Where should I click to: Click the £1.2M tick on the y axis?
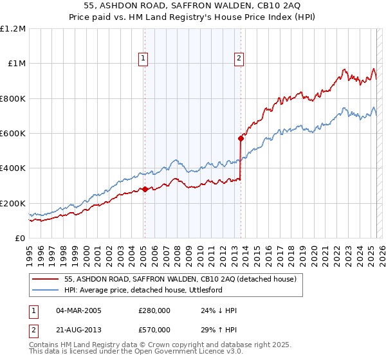pyautogui.click(x=13, y=29)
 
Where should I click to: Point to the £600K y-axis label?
pyautogui.click(x=13, y=134)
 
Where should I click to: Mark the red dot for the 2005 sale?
pyautogui.click(x=145, y=189)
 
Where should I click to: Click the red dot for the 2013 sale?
pyautogui.click(x=241, y=138)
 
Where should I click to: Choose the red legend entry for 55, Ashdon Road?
pyautogui.click(x=180, y=279)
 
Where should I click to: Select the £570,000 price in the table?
pyautogui.click(x=154, y=329)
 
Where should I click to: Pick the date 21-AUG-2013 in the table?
pyautogui.click(x=78, y=329)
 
